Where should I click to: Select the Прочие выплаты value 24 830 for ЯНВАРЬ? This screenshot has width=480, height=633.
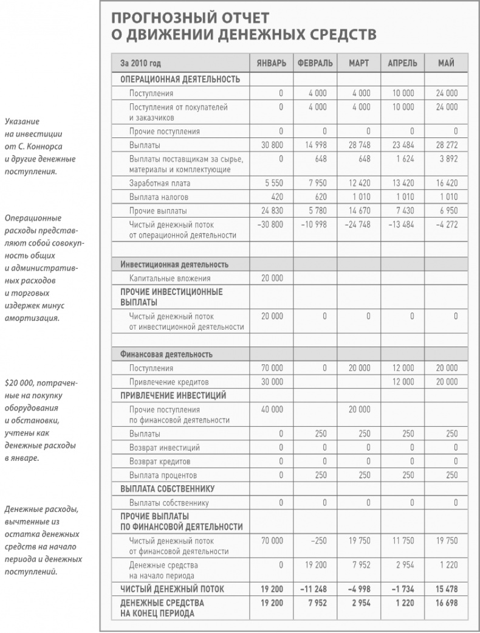[272, 210]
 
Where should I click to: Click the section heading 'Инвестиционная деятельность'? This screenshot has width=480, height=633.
[174, 265]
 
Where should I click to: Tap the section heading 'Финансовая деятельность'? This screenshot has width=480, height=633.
[166, 355]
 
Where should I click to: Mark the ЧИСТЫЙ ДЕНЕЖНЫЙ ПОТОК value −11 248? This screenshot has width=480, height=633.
[314, 589]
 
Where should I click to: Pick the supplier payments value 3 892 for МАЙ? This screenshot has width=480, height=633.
[447, 159]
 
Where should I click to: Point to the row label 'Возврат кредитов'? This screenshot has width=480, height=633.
[159, 462]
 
